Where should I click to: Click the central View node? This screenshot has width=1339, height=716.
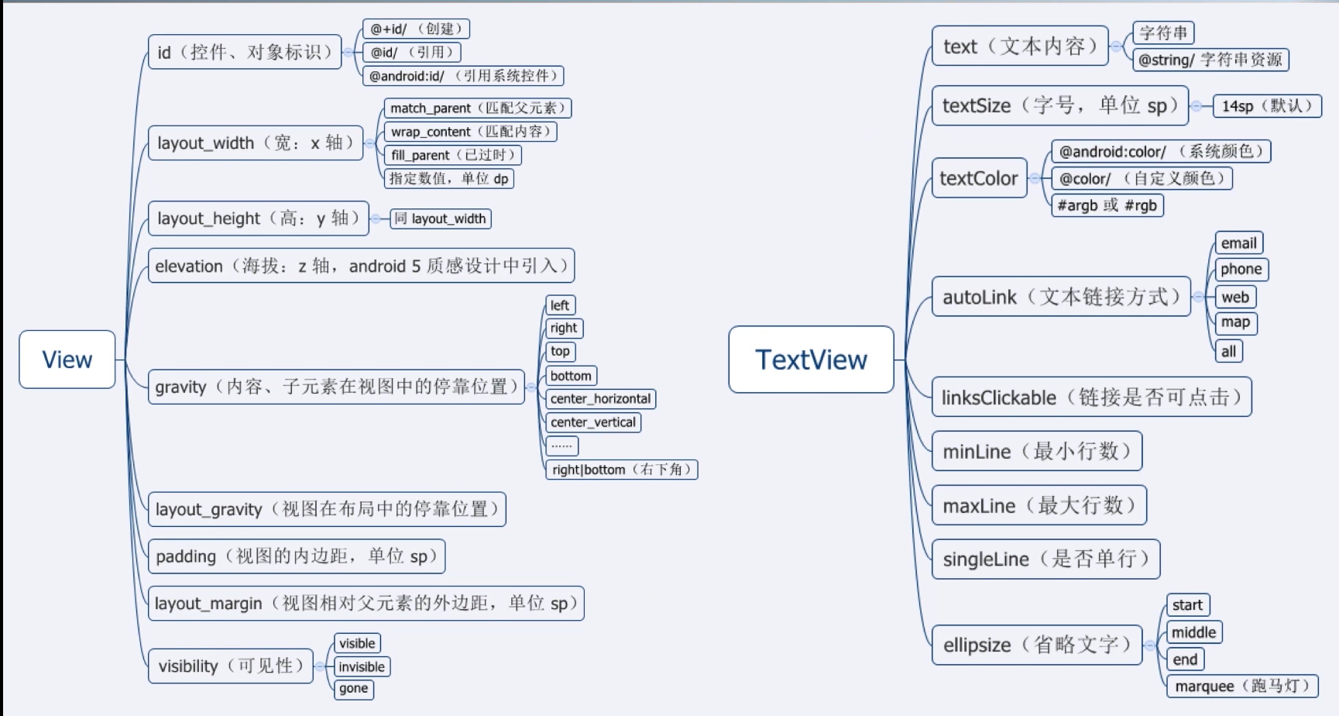pos(67,360)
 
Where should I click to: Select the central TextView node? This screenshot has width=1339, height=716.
pos(811,360)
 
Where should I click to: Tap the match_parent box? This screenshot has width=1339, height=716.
pos(478,108)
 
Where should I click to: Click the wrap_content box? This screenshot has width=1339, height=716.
pos(470,132)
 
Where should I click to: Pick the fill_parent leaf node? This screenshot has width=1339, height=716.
pos(453,155)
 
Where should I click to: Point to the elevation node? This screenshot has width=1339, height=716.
pos(361,266)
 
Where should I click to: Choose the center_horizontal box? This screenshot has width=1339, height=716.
pos(601,399)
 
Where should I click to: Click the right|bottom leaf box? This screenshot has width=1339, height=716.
pos(622,470)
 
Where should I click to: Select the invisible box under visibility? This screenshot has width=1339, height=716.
pos(362,666)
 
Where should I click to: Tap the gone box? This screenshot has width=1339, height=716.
pos(354,689)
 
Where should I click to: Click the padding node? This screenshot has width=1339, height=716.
pos(297,556)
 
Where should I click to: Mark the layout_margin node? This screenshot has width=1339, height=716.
pos(366,603)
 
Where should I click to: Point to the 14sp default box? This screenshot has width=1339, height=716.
pos(1267,105)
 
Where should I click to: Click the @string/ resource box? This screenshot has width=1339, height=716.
pos(1210,60)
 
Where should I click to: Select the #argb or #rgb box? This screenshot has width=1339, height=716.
pos(1107,205)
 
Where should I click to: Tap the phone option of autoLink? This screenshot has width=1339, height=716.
pos(1241,269)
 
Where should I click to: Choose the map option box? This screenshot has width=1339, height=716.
pos(1236,322)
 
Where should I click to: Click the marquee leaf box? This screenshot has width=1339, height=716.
pos(1242,686)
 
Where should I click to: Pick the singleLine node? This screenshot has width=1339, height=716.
pos(1045,559)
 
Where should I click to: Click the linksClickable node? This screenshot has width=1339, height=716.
pos(1092,397)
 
